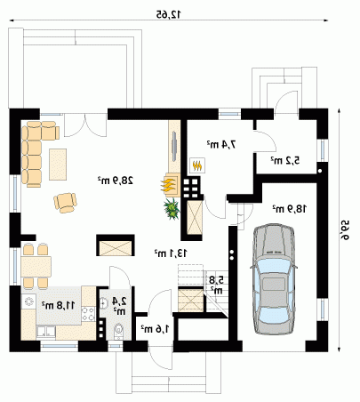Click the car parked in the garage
pyautogui.click(x=274, y=279)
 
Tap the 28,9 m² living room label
pyautogui.click(x=116, y=181)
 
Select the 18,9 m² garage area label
pyautogui.click(x=289, y=209)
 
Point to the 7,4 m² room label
pyautogui.click(x=222, y=144)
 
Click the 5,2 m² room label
pyautogui.click(x=285, y=160)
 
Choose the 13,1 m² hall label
pyautogui.click(x=171, y=253)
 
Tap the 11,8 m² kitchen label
pyautogui.click(x=59, y=305)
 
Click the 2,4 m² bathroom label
pyautogui.click(x=119, y=306)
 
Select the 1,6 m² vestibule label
pyautogui.click(x=155, y=328)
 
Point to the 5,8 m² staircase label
pyautogui.click(x=216, y=285)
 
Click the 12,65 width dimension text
pyautogui.click(x=169, y=14)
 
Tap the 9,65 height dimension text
pyautogui.click(x=344, y=229)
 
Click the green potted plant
pyautogui.click(x=172, y=208)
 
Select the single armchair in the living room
pyautogui.click(x=66, y=203)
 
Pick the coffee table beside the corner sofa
pyautogui.click(x=58, y=165)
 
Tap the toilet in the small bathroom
pyautogui.click(x=119, y=331)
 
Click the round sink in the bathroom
pyautogui.click(x=104, y=303)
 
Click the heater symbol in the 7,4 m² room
pyautogui.click(x=198, y=165)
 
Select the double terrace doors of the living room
pyautogui.click(x=85, y=125)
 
